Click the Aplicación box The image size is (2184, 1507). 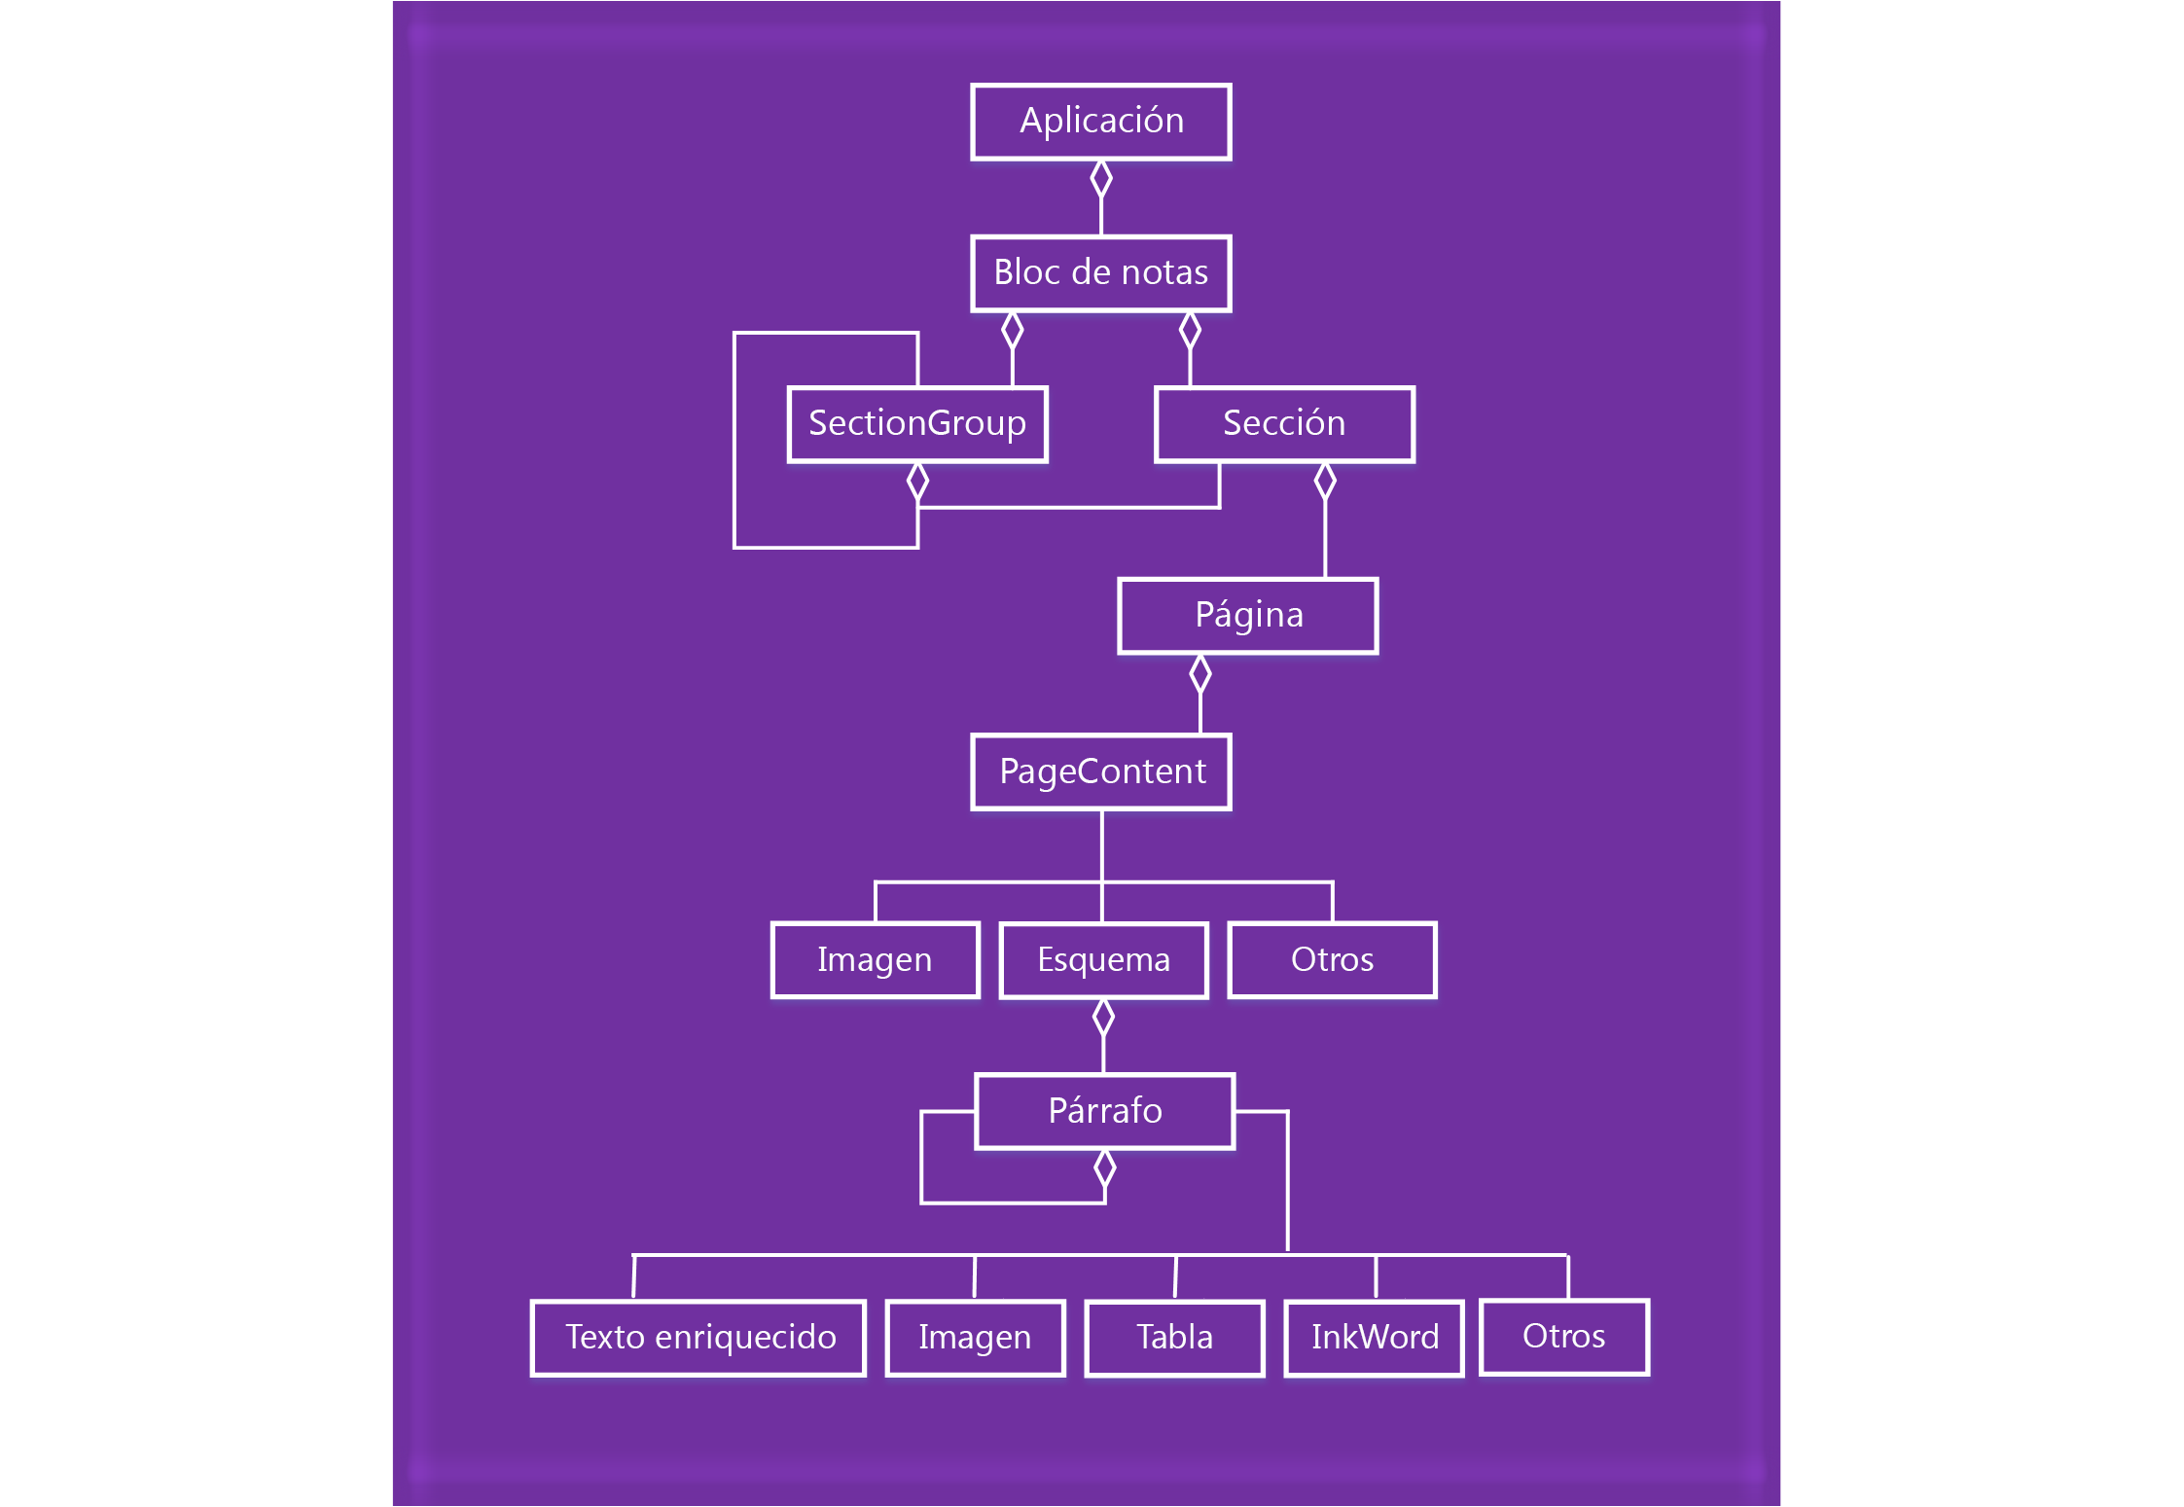click(x=1100, y=122)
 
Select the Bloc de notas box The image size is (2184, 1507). click(x=1100, y=273)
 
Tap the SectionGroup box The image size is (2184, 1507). click(x=916, y=424)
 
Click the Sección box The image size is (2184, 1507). click(x=1283, y=424)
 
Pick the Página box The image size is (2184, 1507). click(x=1247, y=616)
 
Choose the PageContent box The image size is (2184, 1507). click(x=1100, y=771)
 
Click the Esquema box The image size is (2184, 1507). click(x=1103, y=960)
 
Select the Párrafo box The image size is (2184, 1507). click(x=1104, y=1111)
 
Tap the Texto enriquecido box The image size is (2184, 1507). click(x=698, y=1338)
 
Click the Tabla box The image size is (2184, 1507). click(x=1174, y=1338)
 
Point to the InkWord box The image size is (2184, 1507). click(x=1374, y=1338)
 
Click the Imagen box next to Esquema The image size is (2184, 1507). click(x=875, y=960)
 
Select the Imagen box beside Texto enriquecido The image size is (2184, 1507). click(x=975, y=1338)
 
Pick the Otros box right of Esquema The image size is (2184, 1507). click(x=1332, y=960)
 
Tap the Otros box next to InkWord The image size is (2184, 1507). click(x=1563, y=1337)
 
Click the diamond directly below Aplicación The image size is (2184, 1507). click(x=1100, y=179)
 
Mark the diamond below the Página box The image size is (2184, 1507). click(x=1199, y=673)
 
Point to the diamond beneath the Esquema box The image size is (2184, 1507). click(x=1103, y=1018)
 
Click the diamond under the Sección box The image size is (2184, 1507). click(x=1324, y=481)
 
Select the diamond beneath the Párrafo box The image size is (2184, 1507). click(x=1104, y=1168)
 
